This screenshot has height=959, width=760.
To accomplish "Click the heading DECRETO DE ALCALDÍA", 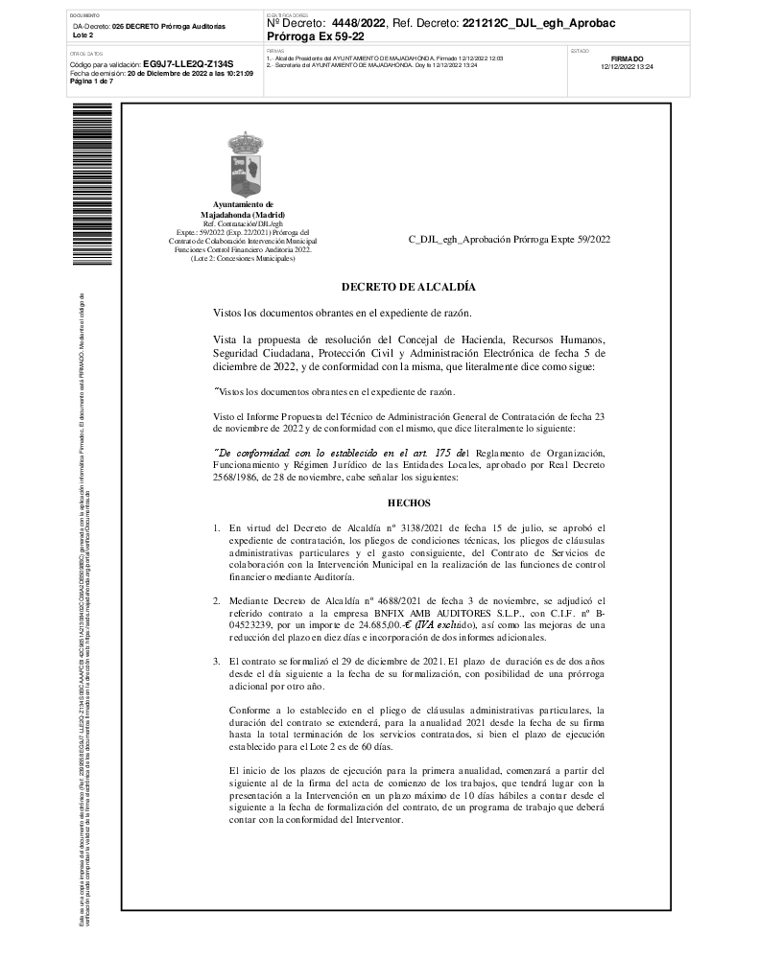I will pos(409,287).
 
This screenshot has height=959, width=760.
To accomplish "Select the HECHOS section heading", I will pos(409,503).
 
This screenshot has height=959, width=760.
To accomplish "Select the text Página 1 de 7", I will pos(92,81).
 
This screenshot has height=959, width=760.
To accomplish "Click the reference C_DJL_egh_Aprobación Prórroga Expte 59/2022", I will pos(510,239).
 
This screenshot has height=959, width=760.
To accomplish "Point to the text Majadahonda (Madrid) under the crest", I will pos(244,213).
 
